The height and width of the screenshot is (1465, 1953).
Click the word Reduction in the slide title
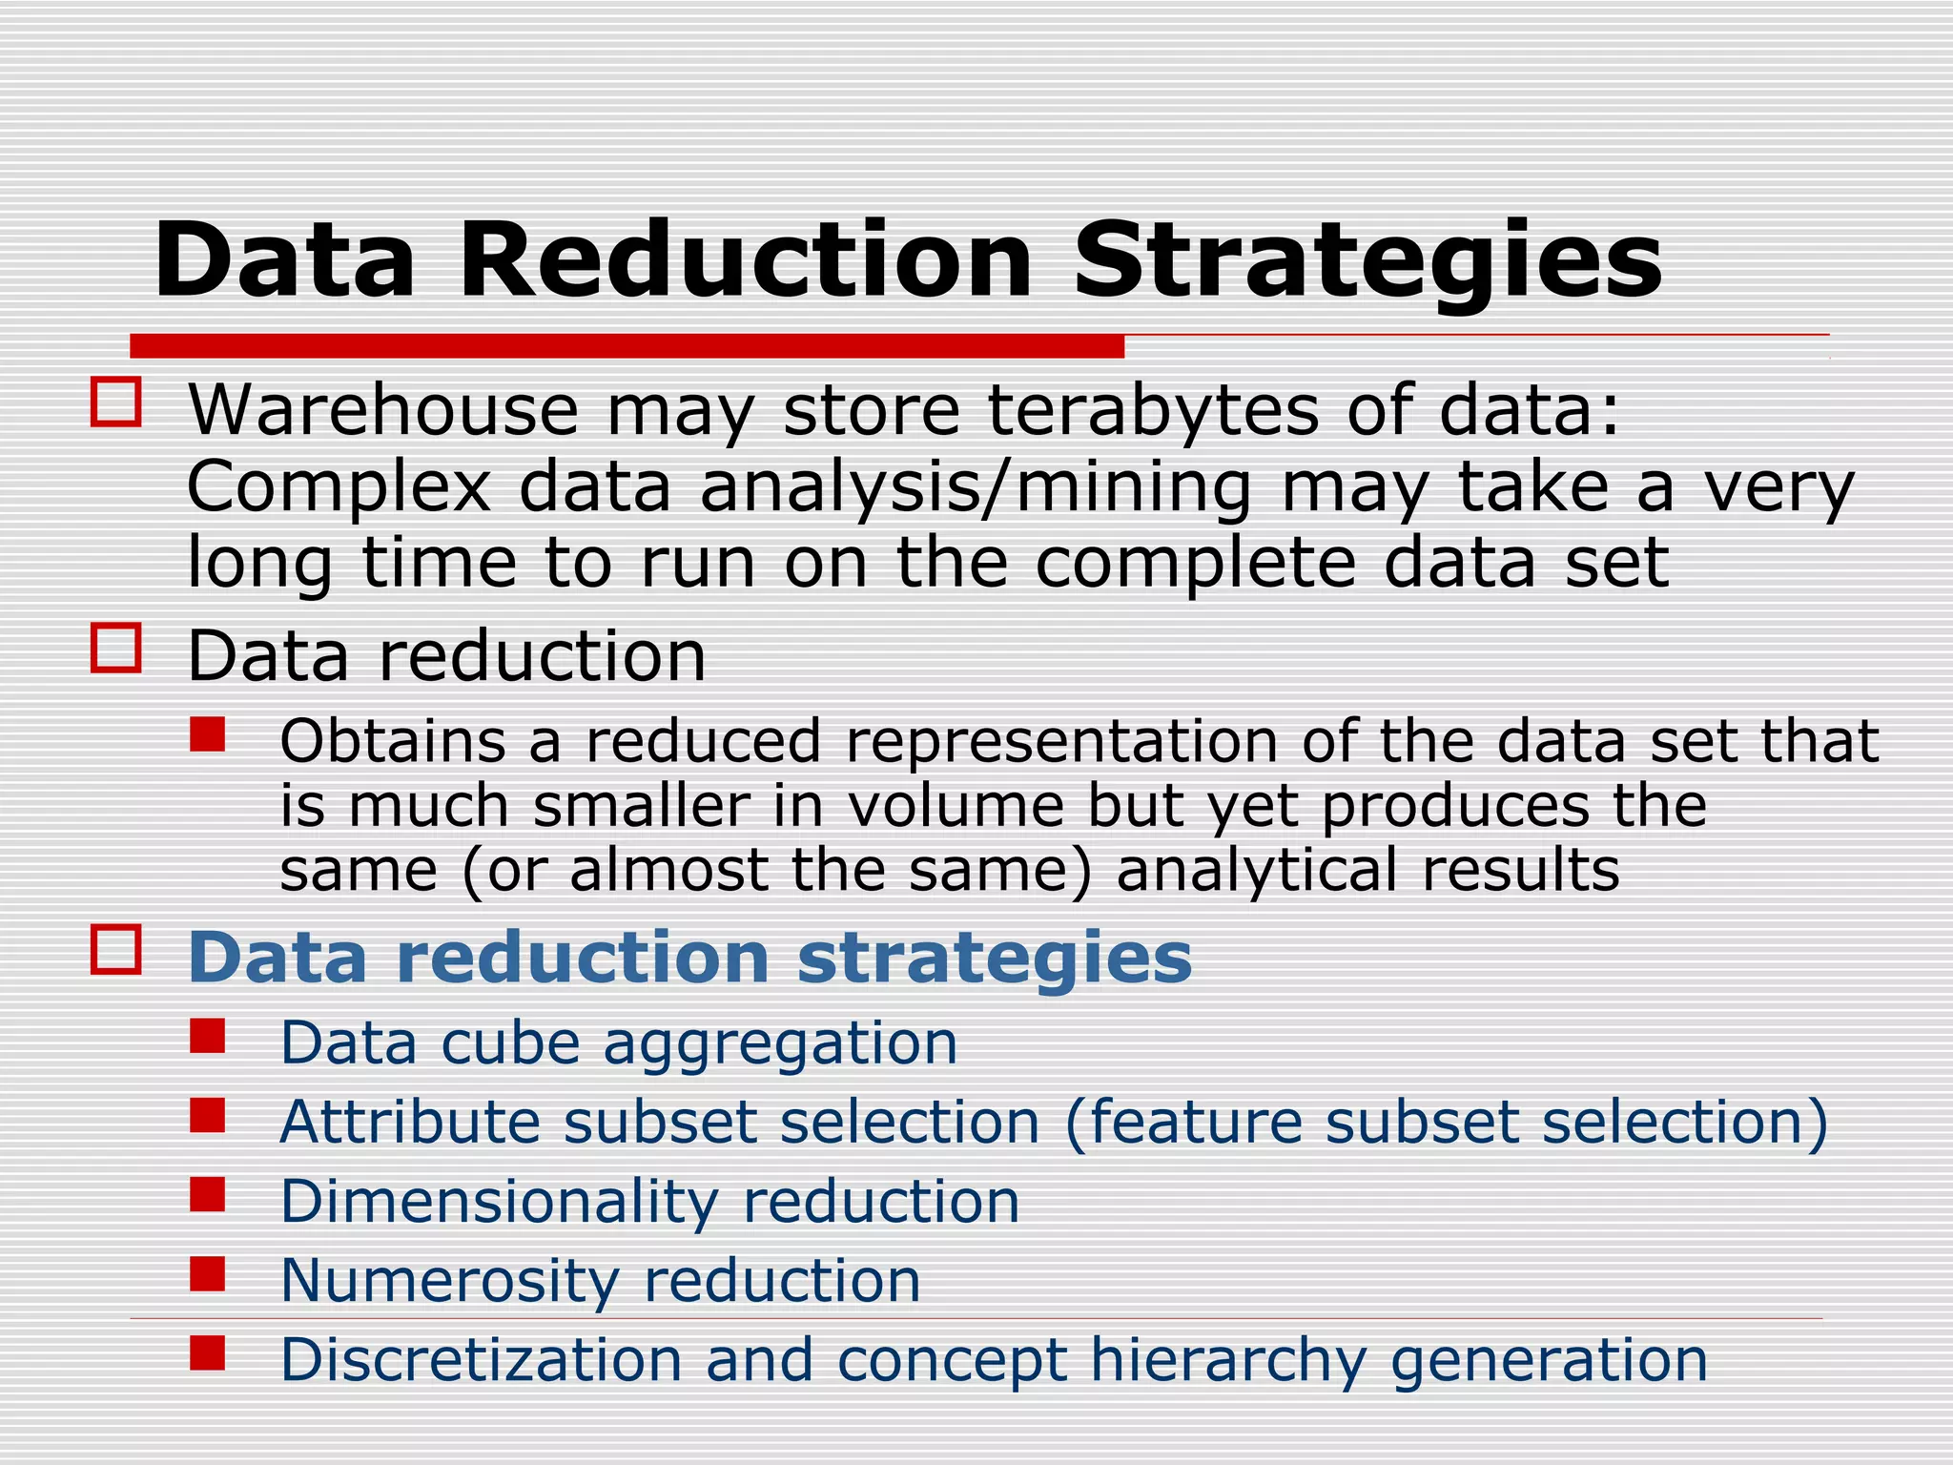pos(746,259)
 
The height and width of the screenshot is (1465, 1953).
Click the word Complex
pos(339,488)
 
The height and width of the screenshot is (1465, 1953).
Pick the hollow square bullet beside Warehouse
pos(116,402)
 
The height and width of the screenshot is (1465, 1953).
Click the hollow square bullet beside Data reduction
pos(116,649)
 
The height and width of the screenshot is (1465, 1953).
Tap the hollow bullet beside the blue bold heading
pos(116,949)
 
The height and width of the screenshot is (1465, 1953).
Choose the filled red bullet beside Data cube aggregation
pos(207,1036)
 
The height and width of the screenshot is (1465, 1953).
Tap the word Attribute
pos(410,1122)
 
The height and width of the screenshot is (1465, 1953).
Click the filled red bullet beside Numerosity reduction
pos(207,1273)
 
